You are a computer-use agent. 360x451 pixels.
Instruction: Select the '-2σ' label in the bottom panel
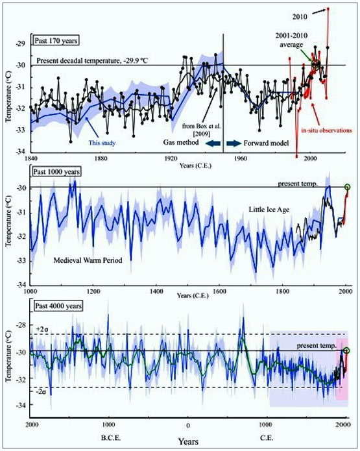(x=41, y=393)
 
